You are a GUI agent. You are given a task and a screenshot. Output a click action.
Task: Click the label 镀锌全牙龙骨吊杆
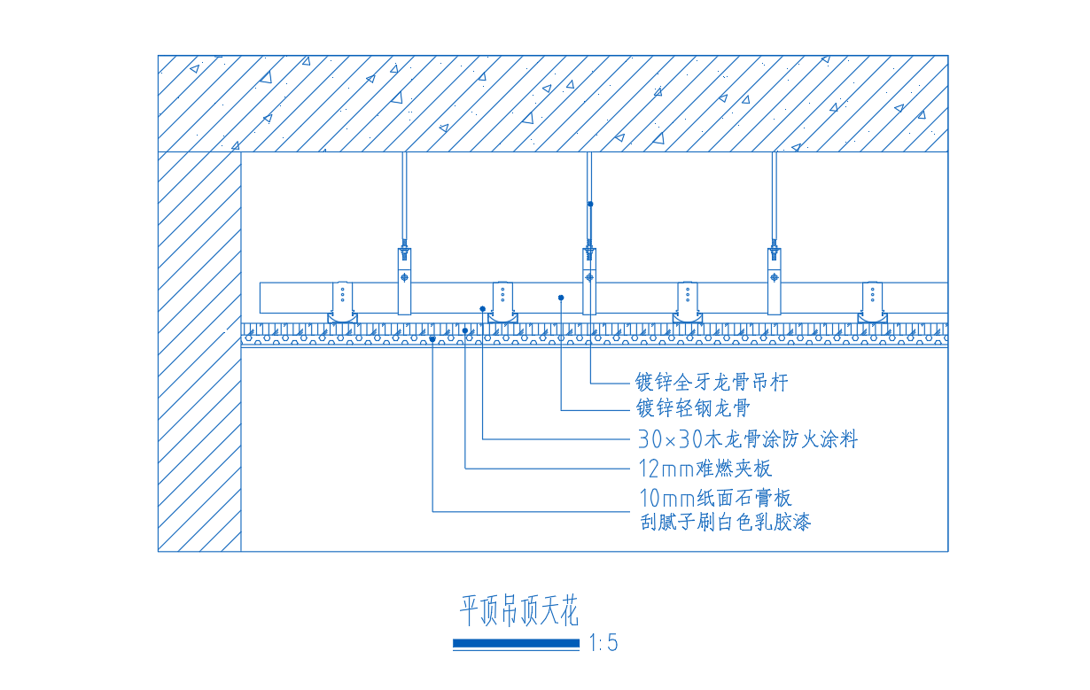click(711, 383)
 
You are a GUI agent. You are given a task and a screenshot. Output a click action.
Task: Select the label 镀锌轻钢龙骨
click(693, 408)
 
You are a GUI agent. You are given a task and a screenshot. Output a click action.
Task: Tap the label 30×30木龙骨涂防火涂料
click(747, 438)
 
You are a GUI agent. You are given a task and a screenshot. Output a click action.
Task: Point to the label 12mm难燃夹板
click(705, 468)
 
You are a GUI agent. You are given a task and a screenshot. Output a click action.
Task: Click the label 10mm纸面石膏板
click(714, 498)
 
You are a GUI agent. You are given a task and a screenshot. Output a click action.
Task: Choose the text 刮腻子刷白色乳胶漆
click(725, 522)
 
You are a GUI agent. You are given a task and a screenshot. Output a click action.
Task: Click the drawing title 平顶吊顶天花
click(518, 611)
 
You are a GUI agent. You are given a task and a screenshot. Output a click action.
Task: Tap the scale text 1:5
click(603, 644)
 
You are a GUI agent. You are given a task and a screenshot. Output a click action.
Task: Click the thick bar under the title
click(516, 644)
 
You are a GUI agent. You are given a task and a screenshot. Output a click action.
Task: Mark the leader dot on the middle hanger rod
click(590, 204)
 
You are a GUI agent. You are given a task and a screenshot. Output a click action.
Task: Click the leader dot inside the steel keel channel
click(562, 298)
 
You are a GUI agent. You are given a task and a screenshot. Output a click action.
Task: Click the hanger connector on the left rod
click(404, 280)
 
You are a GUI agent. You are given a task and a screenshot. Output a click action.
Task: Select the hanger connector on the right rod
click(775, 280)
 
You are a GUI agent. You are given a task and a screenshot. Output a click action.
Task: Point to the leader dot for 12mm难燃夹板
click(465, 330)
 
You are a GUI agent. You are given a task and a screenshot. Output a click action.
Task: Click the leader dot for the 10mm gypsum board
click(432, 339)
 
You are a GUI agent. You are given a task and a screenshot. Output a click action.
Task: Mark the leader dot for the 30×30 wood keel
click(483, 309)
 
